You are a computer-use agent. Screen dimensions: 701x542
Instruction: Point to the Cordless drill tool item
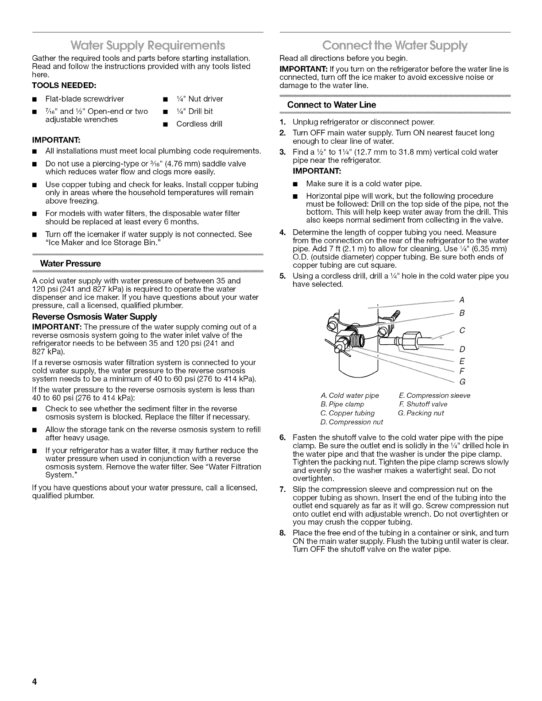(x=199, y=124)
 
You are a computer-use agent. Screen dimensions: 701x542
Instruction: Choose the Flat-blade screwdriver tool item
(x=85, y=99)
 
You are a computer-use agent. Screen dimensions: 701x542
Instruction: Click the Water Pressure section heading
(x=70, y=263)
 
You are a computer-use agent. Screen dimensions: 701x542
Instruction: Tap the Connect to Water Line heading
(x=332, y=105)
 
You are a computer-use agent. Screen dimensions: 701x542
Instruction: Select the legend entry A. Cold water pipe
(x=350, y=395)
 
